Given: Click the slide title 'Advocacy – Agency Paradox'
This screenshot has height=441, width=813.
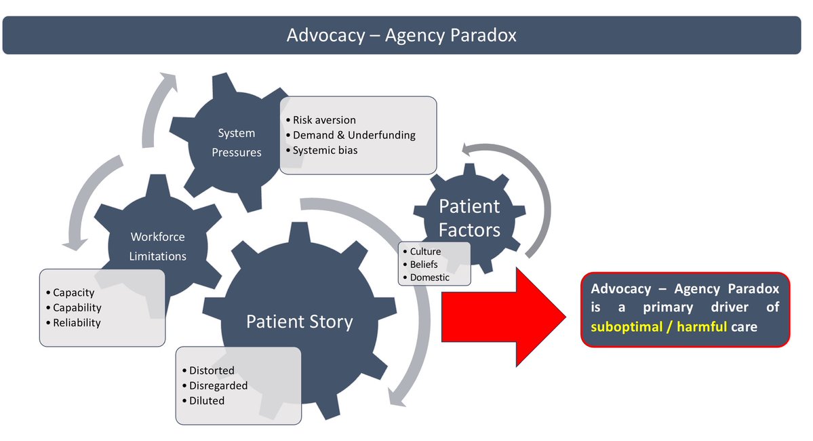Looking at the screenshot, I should point(401,35).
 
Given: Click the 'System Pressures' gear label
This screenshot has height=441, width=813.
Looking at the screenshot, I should point(236,143).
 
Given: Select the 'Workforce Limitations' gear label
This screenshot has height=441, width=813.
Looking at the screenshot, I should point(157,246).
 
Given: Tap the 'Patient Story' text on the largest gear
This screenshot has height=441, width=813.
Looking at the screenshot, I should point(299,321).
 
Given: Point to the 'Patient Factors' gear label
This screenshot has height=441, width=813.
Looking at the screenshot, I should point(469,218).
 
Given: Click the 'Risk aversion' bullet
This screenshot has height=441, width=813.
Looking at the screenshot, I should point(323,120).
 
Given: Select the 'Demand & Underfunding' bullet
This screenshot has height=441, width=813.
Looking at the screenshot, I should point(353,135).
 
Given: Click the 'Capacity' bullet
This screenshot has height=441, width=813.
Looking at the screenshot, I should point(73,293).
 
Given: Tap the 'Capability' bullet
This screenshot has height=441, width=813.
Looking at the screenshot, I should point(77,308).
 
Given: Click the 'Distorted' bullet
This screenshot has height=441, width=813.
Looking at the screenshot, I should point(211,370).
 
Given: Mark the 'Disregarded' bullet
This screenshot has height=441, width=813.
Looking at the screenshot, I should point(218,385).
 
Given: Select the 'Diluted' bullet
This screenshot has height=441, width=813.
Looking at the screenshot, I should point(206,400).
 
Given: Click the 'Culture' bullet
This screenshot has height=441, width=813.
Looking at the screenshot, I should point(425,252).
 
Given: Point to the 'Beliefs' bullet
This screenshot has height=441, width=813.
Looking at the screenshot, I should point(424,265).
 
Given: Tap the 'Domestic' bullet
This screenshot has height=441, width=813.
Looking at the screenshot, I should point(429,277).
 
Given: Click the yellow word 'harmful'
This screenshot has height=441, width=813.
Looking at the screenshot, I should point(700,326).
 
